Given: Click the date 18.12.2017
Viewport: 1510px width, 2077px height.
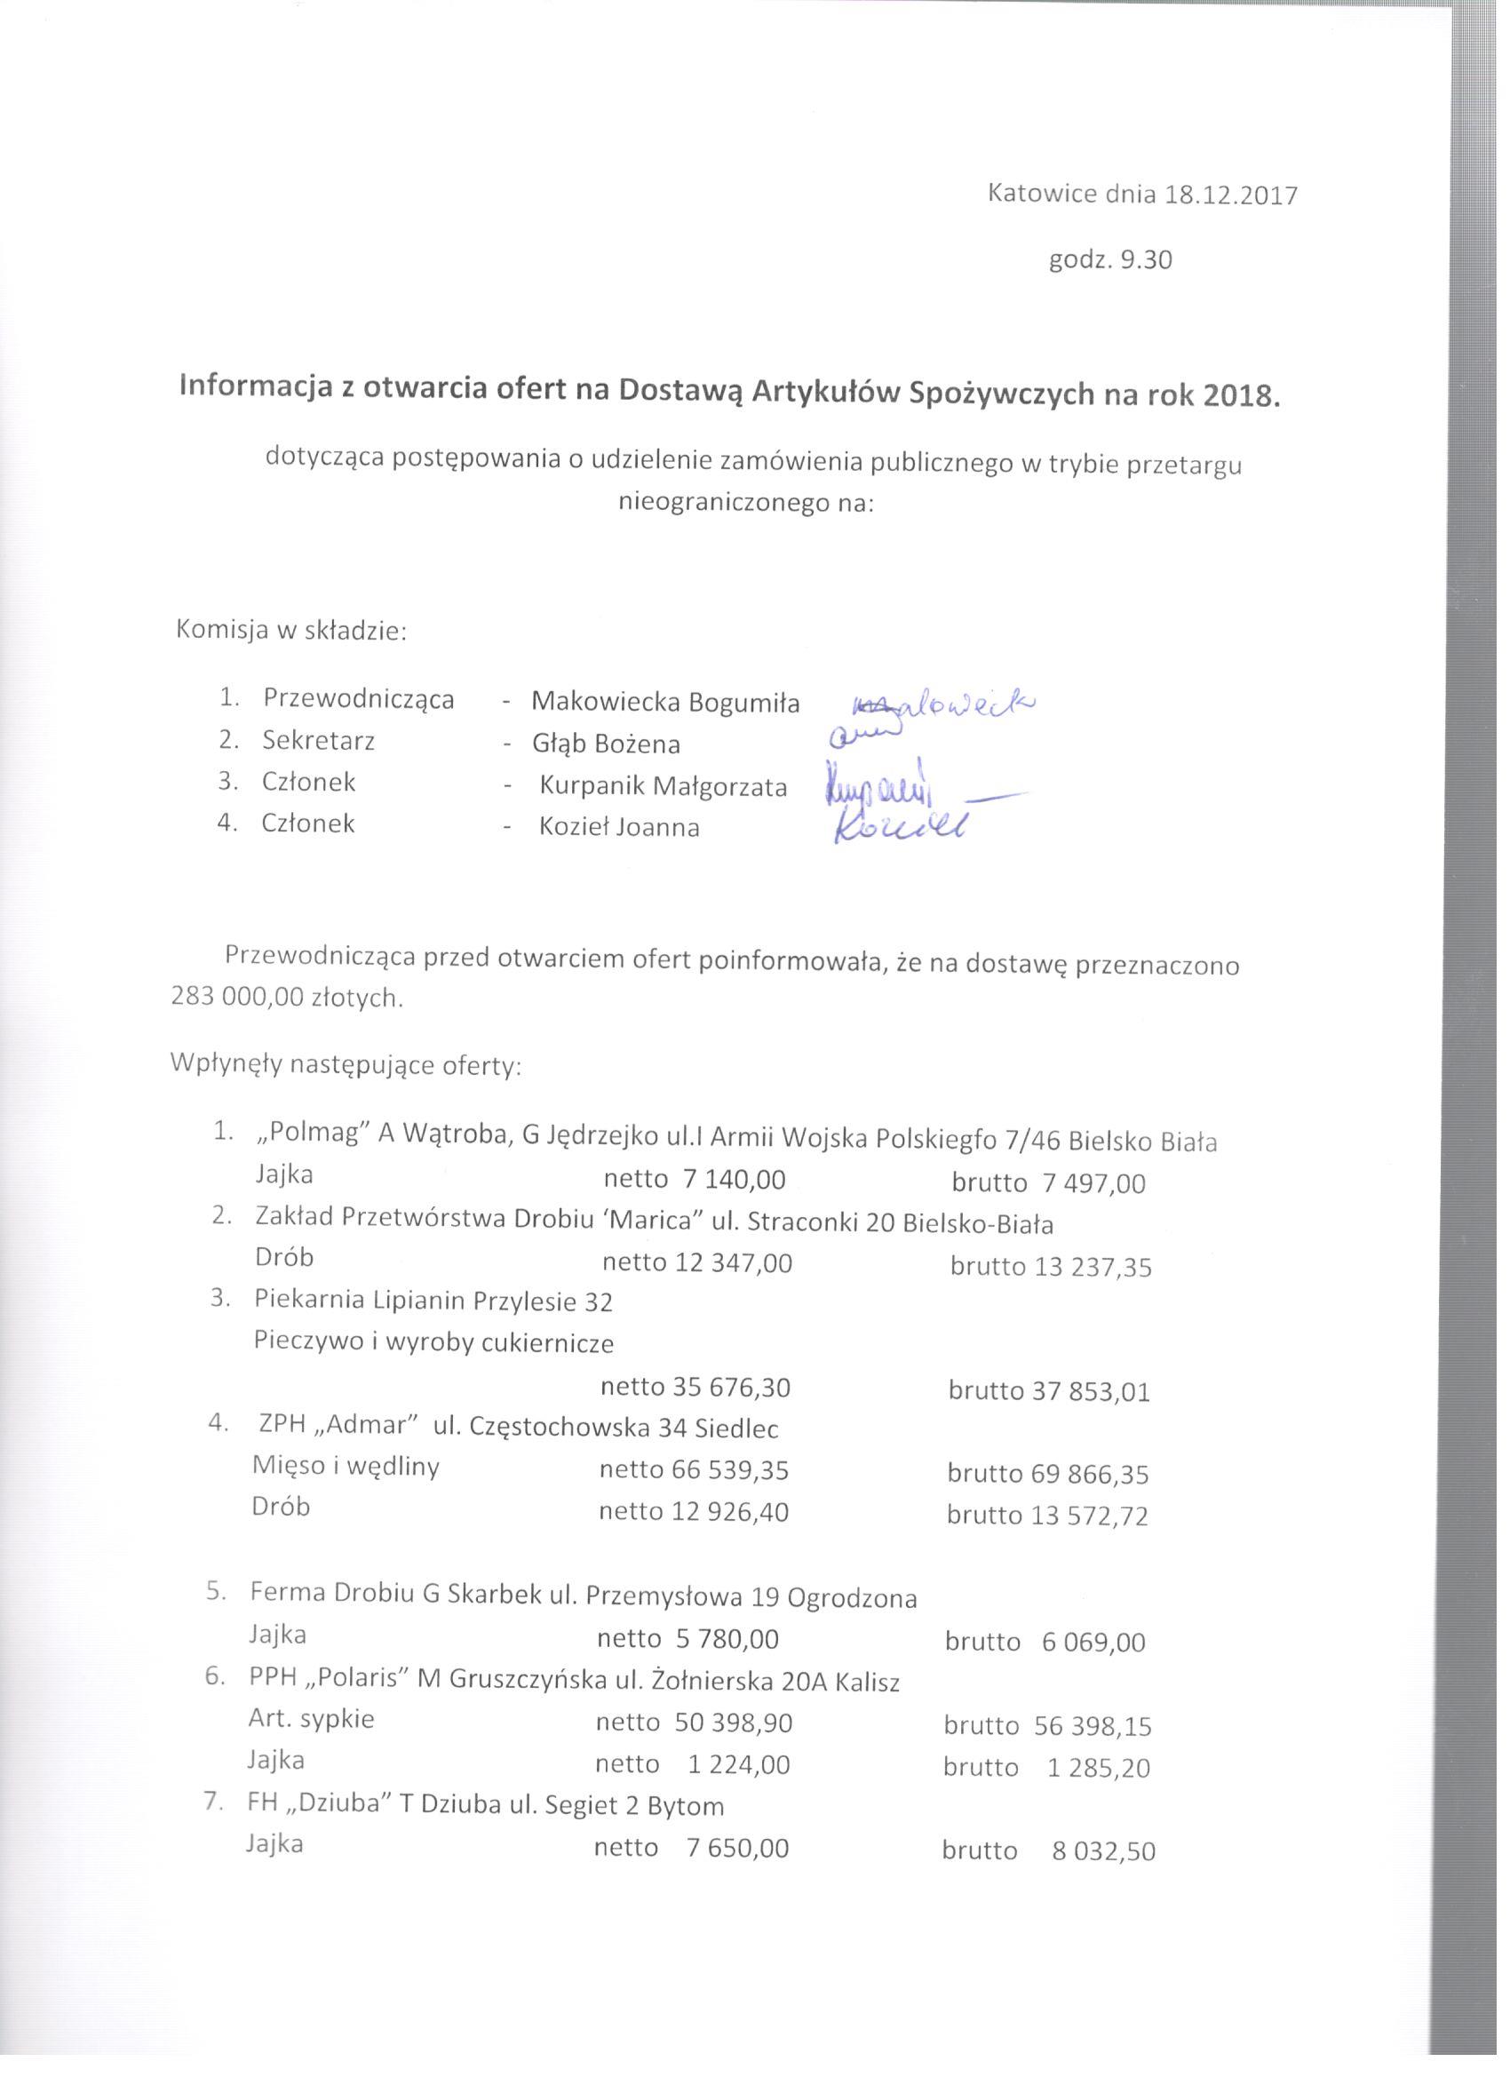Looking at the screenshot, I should tap(1232, 195).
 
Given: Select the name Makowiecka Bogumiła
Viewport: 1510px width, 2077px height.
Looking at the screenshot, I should tap(664, 703).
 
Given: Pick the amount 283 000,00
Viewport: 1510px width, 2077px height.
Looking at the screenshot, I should tap(236, 998).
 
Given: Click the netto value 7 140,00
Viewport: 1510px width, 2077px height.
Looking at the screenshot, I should tap(735, 1180).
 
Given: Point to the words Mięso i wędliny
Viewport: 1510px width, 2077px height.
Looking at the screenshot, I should tap(346, 1467).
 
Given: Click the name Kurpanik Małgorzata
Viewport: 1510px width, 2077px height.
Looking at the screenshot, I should tap(663, 787).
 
